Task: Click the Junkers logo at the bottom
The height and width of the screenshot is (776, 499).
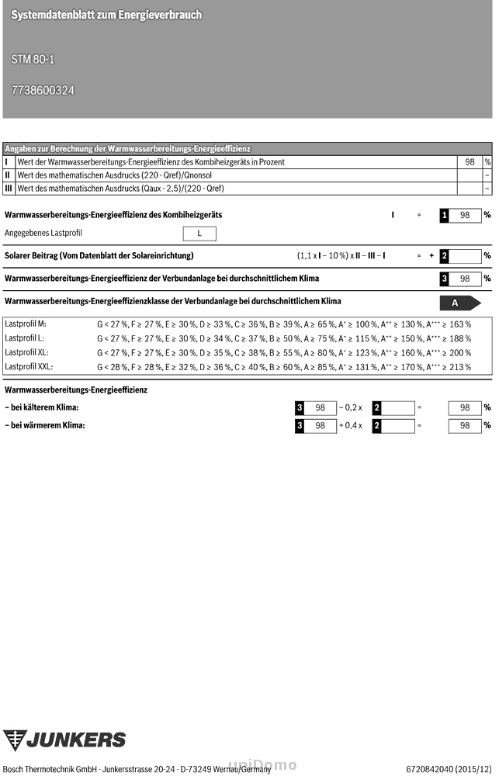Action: (64, 740)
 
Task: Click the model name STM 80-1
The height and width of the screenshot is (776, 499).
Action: (33, 59)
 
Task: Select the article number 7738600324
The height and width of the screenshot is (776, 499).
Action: (43, 90)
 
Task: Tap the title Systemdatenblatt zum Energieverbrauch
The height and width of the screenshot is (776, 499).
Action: (106, 15)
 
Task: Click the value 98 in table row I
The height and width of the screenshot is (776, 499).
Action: (470, 162)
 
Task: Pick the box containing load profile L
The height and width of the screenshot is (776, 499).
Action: (199, 233)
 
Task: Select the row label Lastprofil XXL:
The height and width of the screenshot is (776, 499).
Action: (29, 366)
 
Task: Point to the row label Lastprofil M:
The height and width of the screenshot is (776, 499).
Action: (26, 324)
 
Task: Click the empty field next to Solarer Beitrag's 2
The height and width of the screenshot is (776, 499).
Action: (465, 255)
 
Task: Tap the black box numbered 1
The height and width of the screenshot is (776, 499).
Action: (444, 215)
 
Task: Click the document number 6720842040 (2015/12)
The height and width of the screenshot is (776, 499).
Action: (449, 768)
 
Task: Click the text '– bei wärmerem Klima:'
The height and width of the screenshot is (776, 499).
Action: (44, 425)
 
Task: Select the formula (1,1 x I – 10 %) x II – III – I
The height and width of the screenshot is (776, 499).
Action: (341, 255)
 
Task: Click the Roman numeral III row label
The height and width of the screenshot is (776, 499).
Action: (9, 188)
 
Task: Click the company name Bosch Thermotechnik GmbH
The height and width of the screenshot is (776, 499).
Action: (49, 768)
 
